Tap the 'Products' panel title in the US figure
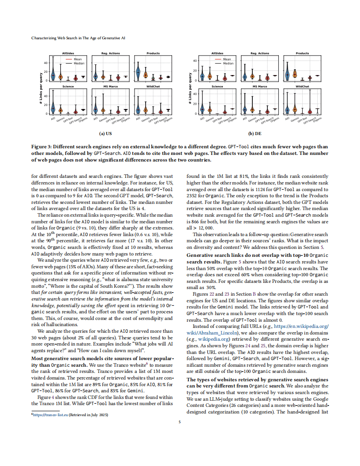pos(153,53)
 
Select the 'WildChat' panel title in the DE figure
pos(302,86)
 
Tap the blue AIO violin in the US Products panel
pos(138,71)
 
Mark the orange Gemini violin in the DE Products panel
pos(295,74)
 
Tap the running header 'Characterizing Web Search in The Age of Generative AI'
pos(78,38)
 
